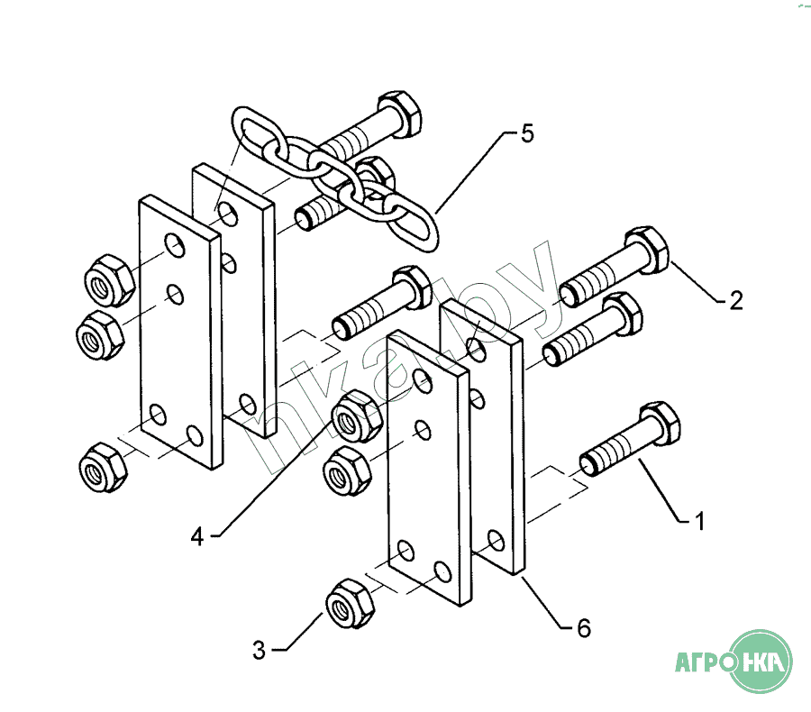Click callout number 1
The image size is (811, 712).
tap(700, 522)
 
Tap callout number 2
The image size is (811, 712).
tap(736, 301)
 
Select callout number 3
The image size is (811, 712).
tap(260, 650)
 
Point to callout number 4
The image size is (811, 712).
tap(197, 537)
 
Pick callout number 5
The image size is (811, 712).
tap(526, 133)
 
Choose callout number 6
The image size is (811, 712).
tap(584, 628)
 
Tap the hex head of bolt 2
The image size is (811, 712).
tap(646, 250)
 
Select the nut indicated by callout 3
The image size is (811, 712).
tap(351, 604)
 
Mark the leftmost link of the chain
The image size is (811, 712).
tap(257, 132)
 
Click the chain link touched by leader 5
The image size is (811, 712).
tap(410, 223)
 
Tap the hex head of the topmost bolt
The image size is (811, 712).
tap(399, 114)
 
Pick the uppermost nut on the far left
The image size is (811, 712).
tap(110, 280)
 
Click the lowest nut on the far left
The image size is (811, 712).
tap(103, 467)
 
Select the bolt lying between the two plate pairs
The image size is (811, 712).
tap(381, 303)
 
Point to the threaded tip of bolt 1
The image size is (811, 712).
tap(589, 464)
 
